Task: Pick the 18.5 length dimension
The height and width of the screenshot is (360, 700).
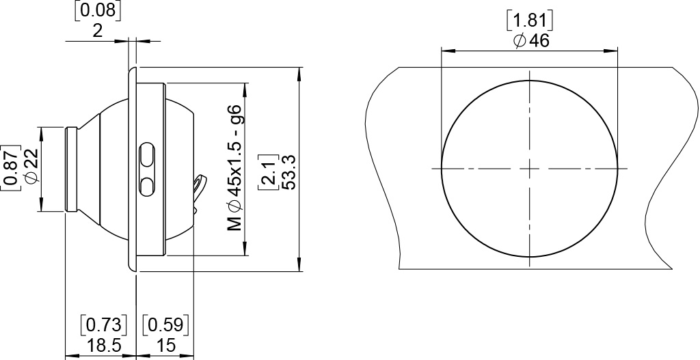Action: point(103,346)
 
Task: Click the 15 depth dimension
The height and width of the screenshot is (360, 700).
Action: point(165,346)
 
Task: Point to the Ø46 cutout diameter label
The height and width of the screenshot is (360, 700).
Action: point(530,41)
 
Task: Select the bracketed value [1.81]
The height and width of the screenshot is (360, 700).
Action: point(530,20)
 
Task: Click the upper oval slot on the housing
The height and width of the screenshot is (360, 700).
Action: point(146,155)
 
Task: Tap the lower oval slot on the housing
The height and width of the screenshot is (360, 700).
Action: point(146,186)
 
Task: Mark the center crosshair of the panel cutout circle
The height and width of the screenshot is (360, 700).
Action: point(530,168)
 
